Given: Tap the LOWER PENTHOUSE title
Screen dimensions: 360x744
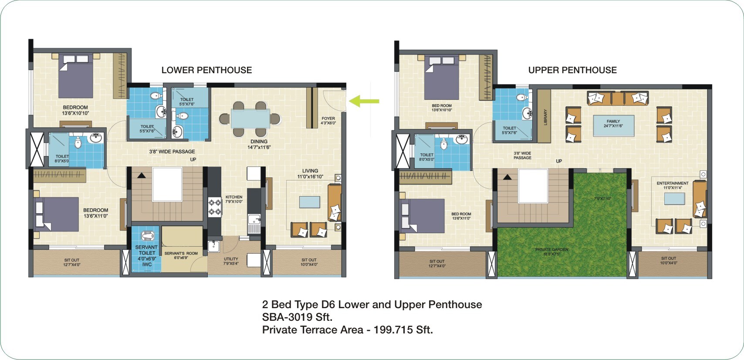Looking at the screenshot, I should [x=206, y=70].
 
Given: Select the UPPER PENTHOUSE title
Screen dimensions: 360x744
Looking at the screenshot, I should [x=572, y=70].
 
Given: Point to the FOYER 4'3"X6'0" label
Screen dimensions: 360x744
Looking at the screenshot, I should [x=328, y=121].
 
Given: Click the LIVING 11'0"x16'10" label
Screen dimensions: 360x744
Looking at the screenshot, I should [x=310, y=174].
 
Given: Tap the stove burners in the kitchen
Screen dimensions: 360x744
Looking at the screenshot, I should [x=215, y=207].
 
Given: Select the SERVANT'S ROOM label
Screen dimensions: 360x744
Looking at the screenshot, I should [x=181, y=255].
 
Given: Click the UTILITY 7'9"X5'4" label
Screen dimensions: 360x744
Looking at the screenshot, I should [x=231, y=261].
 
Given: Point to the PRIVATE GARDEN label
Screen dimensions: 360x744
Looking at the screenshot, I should [x=551, y=251].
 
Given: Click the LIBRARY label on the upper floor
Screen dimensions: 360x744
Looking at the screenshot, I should [x=545, y=117].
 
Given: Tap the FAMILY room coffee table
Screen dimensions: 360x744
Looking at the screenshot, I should [x=613, y=126].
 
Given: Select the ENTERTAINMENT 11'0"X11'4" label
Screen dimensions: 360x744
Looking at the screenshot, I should [x=673, y=186].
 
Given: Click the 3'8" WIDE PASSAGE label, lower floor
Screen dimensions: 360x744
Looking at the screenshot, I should [x=172, y=152].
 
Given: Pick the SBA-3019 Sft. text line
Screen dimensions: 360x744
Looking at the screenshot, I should [x=297, y=317].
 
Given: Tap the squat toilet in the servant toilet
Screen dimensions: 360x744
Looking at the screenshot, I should [x=147, y=236].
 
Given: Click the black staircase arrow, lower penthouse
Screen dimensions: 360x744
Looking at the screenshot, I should [x=141, y=175].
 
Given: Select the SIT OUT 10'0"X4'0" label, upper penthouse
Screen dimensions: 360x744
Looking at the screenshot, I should [x=668, y=261].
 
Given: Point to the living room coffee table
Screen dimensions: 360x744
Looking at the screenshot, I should [x=309, y=202].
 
